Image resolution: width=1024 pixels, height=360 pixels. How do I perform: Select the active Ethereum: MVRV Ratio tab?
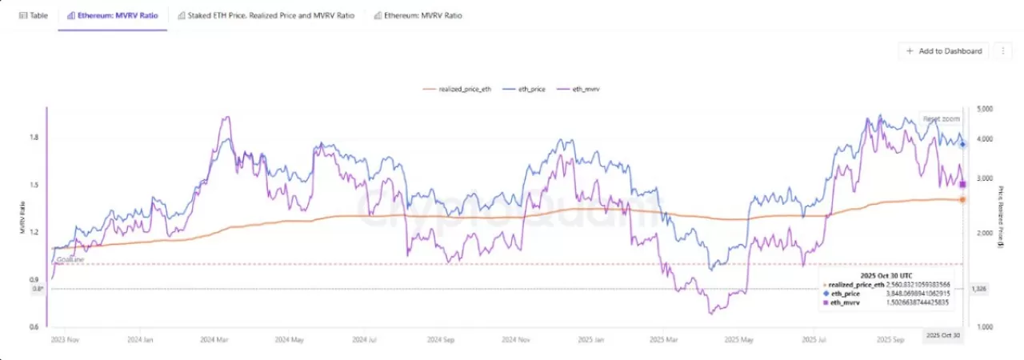[112, 15]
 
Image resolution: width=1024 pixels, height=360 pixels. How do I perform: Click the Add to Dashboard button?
[944, 50]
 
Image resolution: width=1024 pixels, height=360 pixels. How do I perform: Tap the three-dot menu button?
[1003, 50]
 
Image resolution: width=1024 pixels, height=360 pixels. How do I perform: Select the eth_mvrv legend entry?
[583, 89]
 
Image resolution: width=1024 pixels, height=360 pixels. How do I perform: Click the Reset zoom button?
[941, 118]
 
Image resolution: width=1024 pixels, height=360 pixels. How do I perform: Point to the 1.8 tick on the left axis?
[34, 138]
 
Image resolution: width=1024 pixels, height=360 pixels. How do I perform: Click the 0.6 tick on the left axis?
[34, 326]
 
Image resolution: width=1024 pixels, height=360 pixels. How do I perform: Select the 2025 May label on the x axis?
[739, 339]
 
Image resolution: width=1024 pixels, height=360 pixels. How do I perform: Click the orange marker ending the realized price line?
[962, 199]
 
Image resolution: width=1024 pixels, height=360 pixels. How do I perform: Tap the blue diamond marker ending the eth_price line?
[962, 145]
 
